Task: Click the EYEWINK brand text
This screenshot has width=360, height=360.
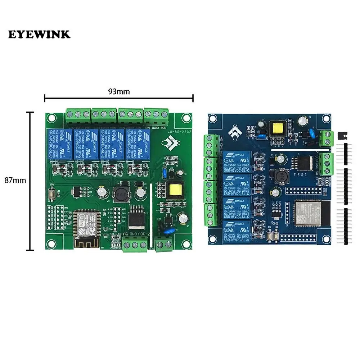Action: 39,35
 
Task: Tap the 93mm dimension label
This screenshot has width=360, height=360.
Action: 119,92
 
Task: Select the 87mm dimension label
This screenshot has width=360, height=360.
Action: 15,181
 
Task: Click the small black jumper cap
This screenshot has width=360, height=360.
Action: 342,136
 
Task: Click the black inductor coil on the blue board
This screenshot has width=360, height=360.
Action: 279,177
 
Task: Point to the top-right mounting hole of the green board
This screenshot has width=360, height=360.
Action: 186,117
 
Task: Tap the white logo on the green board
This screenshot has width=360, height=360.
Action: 168,143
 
